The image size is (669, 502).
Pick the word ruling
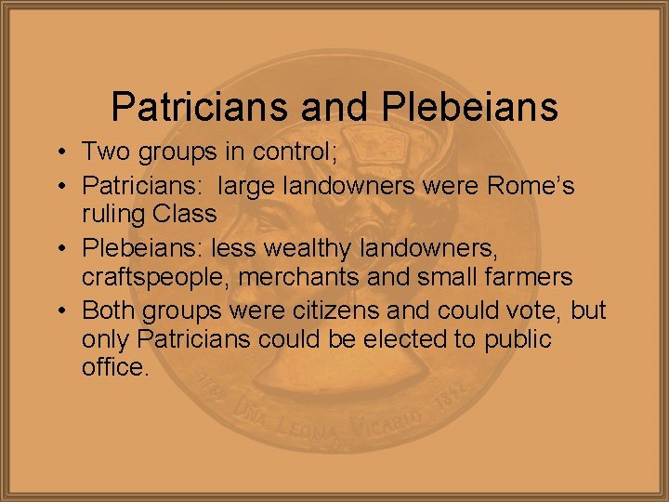[x=112, y=214]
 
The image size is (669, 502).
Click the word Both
[x=109, y=309]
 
